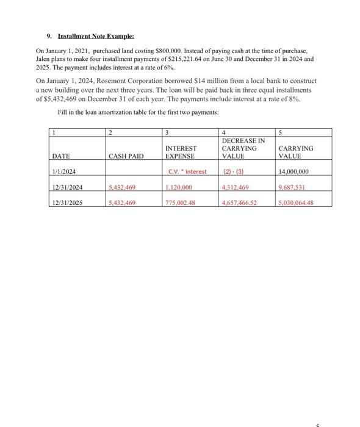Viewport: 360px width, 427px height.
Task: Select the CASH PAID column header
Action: [126, 157]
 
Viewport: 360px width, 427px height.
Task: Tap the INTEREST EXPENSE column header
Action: [181, 152]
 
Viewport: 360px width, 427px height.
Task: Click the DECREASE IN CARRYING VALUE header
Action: [243, 148]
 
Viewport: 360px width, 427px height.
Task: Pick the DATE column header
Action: [60, 157]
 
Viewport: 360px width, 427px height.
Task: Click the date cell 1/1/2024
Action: [64, 172]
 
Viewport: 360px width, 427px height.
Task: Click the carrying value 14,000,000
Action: [293, 172]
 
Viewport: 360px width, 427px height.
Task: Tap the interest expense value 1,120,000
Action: [179, 188]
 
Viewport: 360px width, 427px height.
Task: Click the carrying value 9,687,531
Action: [291, 188]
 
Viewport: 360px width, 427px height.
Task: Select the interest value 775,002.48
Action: [181, 203]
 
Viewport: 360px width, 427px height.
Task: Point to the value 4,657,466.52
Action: [242, 203]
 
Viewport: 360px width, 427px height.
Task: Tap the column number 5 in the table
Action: [279, 132]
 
